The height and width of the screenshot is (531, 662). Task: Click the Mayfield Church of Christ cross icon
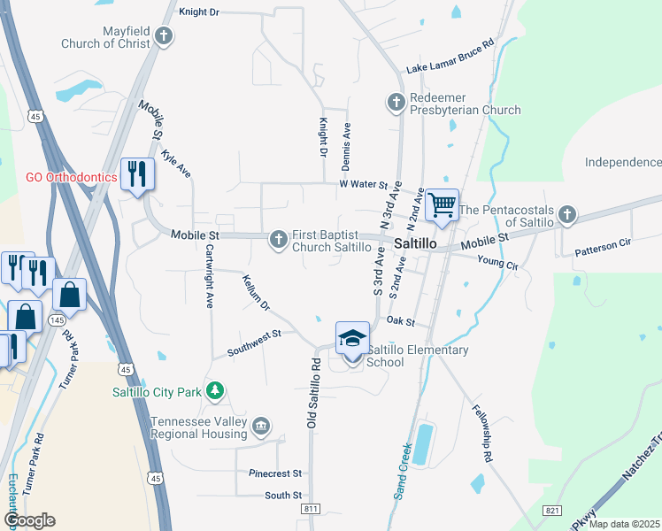coord(163,36)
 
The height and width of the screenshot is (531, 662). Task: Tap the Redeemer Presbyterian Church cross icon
coord(396,103)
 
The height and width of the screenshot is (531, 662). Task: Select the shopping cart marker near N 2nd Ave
coord(442,205)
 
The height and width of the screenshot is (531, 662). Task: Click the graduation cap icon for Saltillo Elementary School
coord(352,337)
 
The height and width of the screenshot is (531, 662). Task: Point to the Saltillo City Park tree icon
coord(213,390)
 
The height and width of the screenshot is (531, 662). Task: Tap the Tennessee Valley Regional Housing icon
coord(260,427)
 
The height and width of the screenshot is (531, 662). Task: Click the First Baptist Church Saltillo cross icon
coord(279,238)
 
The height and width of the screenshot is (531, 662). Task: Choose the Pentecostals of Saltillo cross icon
coord(566,215)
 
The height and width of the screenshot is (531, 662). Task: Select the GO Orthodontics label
coord(72,177)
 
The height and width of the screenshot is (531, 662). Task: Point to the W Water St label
coord(364,185)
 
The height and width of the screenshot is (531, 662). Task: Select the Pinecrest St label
coord(275,473)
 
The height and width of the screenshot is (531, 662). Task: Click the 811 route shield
coord(310,509)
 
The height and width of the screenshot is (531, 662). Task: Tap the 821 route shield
coord(553,511)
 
